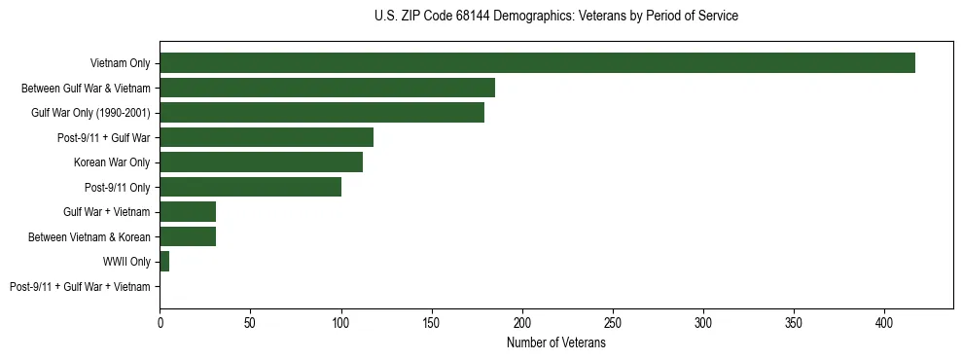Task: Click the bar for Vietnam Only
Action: tap(537, 63)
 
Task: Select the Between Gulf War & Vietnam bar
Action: tap(327, 88)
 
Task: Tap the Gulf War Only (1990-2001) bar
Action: tap(322, 113)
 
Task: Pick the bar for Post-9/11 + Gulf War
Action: tap(267, 137)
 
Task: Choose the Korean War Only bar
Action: tap(261, 162)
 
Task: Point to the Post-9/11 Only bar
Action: tap(250, 187)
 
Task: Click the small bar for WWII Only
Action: tap(164, 261)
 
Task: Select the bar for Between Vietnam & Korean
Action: tap(188, 236)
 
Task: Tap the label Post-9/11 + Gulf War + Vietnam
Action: tap(80, 286)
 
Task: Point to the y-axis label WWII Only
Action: tap(126, 262)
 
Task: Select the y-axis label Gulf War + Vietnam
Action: tap(107, 212)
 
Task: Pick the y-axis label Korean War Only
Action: tap(112, 162)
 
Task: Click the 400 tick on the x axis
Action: tap(884, 322)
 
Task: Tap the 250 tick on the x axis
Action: tap(613, 322)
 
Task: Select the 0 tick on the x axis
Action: tap(160, 322)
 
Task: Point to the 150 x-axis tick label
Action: tap(431, 322)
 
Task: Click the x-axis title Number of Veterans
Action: tap(555, 343)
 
